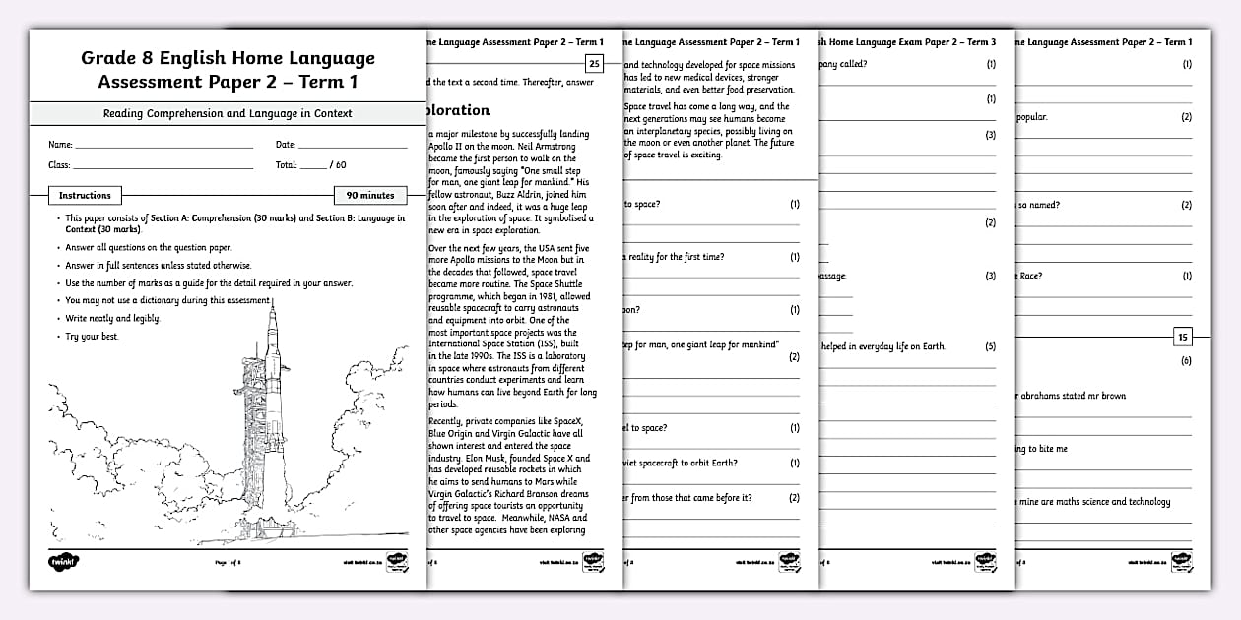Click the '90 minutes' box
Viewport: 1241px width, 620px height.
pos(370,195)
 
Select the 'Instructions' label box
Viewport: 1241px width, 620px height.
pos(85,195)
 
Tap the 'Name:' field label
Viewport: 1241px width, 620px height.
pos(59,145)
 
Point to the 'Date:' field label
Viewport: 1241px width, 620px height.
pos(286,145)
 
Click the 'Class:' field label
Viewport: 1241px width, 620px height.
pos(59,165)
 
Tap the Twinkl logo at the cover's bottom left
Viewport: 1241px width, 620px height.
pos(64,562)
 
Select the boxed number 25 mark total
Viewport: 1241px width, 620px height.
pos(593,65)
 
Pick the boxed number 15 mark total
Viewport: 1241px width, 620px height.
pos(1183,337)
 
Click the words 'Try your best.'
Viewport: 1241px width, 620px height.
pos(93,337)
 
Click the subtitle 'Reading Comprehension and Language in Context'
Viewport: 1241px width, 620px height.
pos(228,113)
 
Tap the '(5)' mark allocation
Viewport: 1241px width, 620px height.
pos(990,346)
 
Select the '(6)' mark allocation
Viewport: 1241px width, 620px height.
pos(1186,361)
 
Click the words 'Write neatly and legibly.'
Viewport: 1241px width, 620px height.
pos(112,319)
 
